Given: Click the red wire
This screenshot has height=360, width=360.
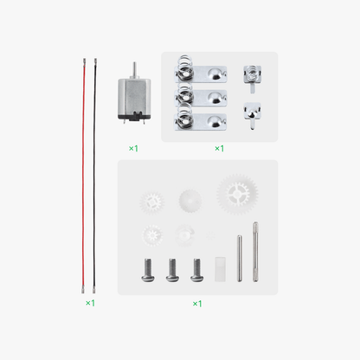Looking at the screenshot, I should click(x=85, y=173).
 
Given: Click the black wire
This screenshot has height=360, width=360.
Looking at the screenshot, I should click(x=94, y=173).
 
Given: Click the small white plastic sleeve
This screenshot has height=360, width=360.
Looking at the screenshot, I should click(x=219, y=267).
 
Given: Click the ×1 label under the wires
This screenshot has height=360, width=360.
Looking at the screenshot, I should click(x=90, y=304).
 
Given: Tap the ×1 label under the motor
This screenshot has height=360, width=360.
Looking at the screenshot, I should click(x=133, y=148).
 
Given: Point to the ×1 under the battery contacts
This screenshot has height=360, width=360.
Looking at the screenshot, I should click(x=219, y=148).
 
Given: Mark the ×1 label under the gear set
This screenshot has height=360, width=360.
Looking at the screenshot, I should click(x=197, y=304).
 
